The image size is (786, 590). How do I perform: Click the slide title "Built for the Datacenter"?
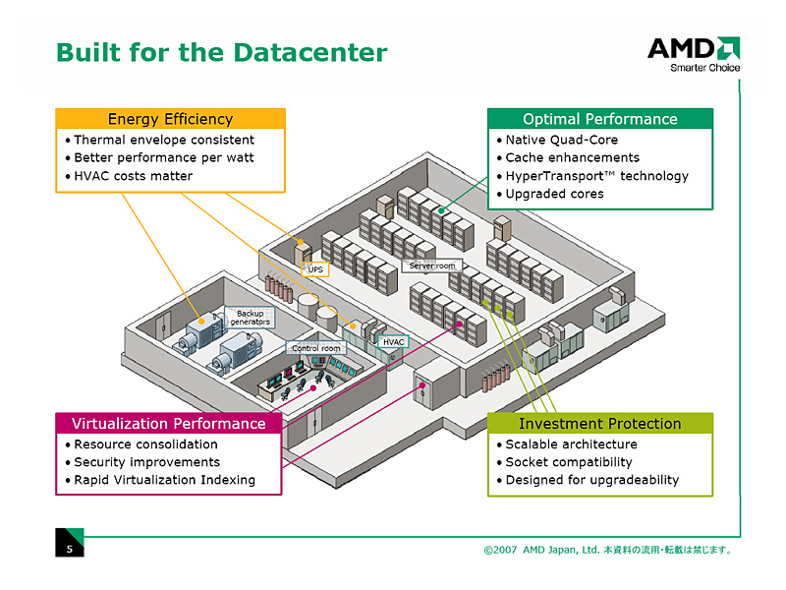[221, 52]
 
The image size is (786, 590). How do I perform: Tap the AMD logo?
[693, 48]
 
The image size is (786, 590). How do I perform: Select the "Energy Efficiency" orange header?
[170, 119]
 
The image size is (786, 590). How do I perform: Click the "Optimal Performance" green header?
[599, 119]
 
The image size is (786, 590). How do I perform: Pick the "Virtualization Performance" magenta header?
[168, 424]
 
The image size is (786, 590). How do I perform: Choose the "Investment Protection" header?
[599, 424]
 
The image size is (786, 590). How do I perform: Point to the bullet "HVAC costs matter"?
[134, 176]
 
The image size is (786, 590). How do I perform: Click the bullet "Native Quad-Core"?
[561, 140]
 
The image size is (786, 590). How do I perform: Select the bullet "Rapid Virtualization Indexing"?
[164, 480]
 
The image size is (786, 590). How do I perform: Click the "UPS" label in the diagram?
[314, 268]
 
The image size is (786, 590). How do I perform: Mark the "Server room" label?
[432, 265]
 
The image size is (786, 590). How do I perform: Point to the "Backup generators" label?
[250, 318]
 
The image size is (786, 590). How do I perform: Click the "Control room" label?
[316, 348]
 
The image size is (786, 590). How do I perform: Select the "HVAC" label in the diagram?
[393, 342]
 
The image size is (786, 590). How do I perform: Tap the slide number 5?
[69, 549]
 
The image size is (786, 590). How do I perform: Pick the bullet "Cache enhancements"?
[572, 157]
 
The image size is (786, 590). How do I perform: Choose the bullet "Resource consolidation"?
[145, 444]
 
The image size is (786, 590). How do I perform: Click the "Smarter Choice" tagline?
[704, 68]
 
